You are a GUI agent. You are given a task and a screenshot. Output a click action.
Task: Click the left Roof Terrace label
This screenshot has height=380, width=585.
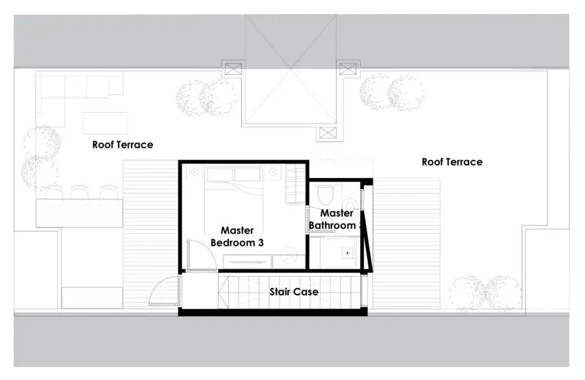tap(122, 144)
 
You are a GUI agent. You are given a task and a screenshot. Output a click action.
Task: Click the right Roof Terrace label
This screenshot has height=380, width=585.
tap(452, 161)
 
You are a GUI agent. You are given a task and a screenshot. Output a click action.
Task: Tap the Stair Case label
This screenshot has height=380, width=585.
tap(293, 292)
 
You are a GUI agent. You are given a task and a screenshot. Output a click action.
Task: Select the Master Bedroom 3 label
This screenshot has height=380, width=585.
tap(236, 236)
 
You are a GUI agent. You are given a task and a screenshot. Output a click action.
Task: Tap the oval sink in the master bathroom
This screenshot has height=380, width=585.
tap(356, 198)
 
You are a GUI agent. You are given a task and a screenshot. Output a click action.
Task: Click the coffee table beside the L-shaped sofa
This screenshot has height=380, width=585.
tap(105, 123)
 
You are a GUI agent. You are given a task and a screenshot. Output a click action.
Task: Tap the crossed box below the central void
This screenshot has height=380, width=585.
tap(328, 132)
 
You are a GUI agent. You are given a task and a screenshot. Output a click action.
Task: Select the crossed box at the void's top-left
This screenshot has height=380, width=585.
tap(231, 68)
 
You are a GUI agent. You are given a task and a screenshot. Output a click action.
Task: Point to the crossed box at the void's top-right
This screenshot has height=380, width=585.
tap(348, 68)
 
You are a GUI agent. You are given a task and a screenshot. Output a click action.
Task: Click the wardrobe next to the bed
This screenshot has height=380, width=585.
tap(296, 184)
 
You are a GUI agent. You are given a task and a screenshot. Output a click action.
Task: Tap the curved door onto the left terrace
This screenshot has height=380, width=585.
tap(164, 292)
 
